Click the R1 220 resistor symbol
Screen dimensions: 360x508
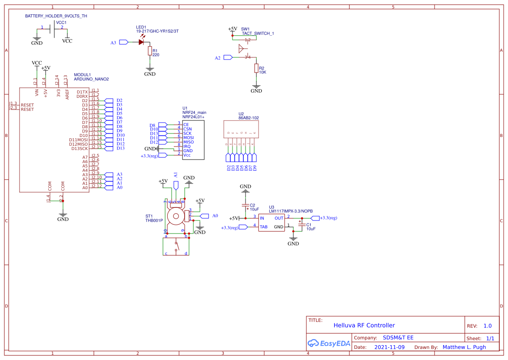point(150,51)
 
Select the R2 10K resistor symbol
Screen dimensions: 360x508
point(256,69)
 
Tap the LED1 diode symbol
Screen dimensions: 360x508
point(141,42)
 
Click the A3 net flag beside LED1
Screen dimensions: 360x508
point(123,42)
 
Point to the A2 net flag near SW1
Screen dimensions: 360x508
point(228,57)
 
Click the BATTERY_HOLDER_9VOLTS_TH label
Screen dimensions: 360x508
point(56,16)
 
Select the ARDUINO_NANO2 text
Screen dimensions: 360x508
point(91,79)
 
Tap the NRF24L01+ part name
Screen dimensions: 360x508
point(193,117)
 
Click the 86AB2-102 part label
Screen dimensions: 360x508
point(248,118)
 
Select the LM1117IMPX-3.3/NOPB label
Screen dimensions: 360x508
point(291,211)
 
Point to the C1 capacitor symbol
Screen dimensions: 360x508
point(301,223)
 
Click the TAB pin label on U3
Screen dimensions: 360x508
point(263,227)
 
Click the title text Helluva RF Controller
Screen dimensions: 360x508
point(364,325)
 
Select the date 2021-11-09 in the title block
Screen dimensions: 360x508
point(389,347)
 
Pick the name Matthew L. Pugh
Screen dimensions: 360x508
point(464,347)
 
